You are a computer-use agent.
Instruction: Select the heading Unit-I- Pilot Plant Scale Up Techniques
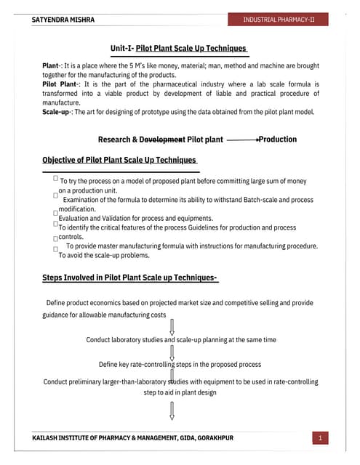179,48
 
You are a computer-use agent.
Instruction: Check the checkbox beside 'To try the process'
56,177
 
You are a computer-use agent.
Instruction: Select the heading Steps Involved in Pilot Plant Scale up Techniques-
130,277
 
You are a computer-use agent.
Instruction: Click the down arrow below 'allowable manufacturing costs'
172,323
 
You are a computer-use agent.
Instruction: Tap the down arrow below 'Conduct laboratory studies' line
172,352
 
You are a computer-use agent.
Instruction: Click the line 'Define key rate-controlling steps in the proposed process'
180,364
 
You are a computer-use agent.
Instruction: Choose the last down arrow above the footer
172,411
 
